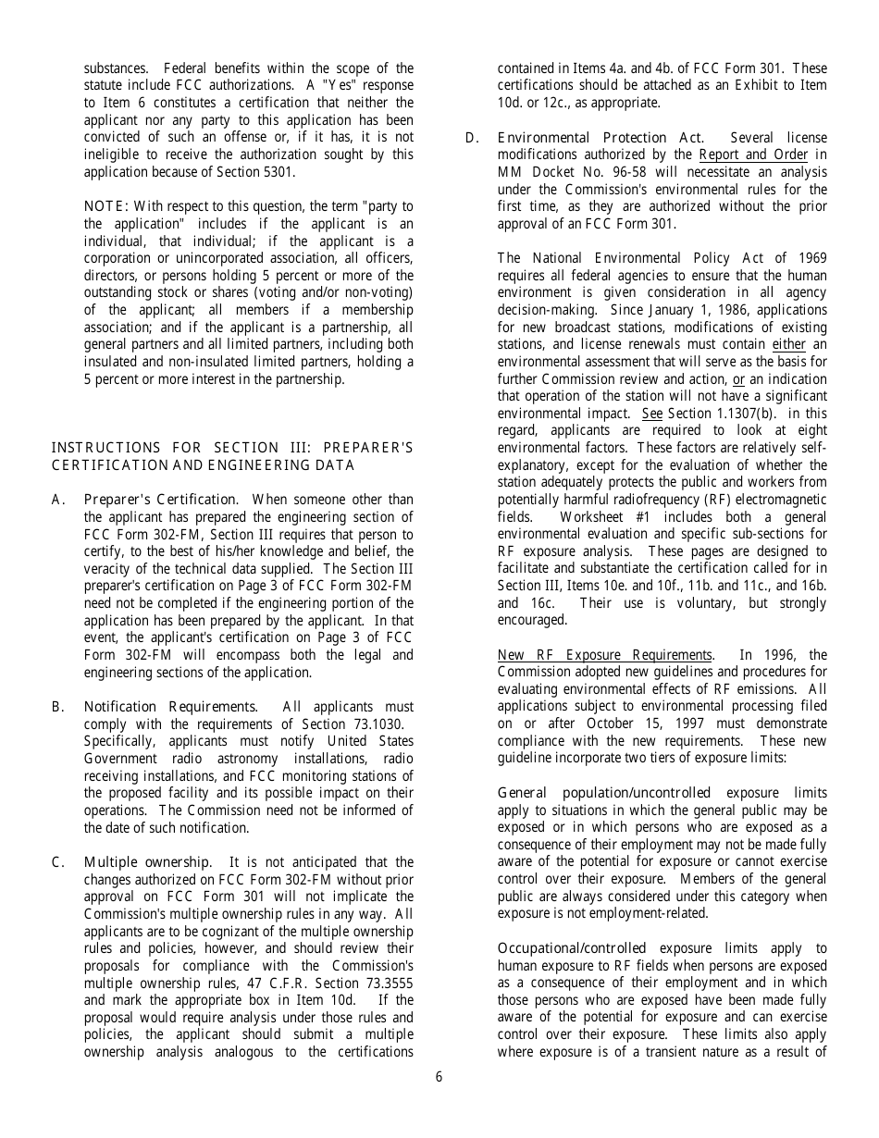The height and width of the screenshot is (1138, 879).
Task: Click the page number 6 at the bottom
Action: tap(439, 1077)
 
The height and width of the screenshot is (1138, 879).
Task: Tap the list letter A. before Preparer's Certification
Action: tap(58, 500)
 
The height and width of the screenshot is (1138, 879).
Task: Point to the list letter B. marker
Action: tap(58, 707)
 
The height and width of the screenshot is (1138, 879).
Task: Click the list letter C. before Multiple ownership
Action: tap(58, 862)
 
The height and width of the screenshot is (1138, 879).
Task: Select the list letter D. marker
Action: tap(472, 138)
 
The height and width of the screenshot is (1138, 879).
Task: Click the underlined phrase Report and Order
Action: tap(753, 155)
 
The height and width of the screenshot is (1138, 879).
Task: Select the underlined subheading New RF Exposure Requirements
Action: tap(605, 655)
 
